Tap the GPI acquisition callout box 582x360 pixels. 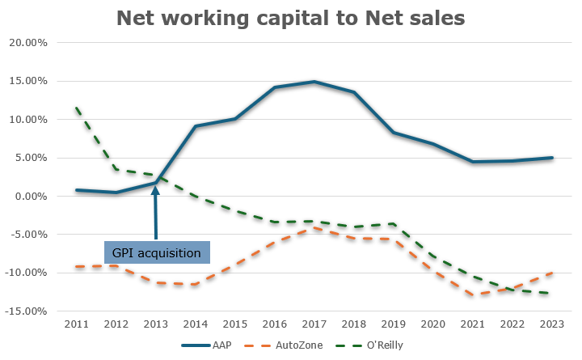click(x=157, y=252)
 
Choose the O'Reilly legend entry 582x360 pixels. click(x=365, y=345)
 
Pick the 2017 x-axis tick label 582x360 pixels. click(x=314, y=324)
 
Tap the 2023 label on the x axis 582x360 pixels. click(x=552, y=324)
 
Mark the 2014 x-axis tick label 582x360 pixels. click(x=195, y=324)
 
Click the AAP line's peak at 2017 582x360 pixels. click(x=314, y=82)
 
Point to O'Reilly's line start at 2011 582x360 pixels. click(x=75, y=107)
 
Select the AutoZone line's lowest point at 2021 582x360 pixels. click(x=473, y=295)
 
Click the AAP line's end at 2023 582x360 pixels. click(x=552, y=158)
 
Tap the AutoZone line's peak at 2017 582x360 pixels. click(x=314, y=228)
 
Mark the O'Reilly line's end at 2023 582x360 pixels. click(x=552, y=294)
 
